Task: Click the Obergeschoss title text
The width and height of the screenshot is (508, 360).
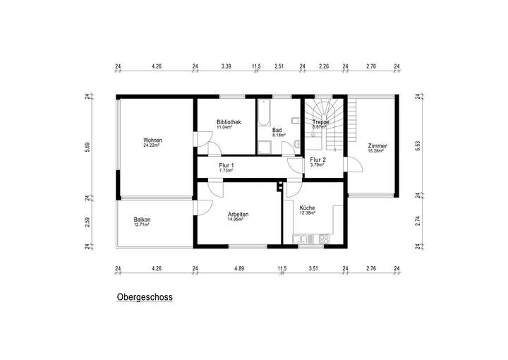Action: point(144,298)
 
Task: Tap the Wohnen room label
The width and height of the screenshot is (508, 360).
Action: point(152,140)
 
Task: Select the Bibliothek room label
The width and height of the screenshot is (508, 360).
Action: point(229,122)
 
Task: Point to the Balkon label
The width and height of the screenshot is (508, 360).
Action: point(142,220)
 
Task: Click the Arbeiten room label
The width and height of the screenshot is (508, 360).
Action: point(238,215)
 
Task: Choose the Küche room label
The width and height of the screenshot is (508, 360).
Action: point(307,208)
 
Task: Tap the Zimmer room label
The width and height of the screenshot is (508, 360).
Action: point(377,146)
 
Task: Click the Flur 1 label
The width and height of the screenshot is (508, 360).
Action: point(226,166)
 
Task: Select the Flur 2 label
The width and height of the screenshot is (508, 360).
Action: point(317,160)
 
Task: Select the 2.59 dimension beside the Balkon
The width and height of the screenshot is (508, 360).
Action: point(87,221)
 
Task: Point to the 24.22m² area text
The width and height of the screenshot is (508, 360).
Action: point(152,145)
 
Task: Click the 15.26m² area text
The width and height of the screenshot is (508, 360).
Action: point(375,151)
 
